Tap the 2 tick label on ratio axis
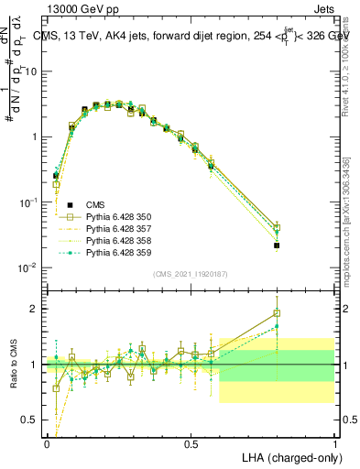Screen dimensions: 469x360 pyautogui.click(x=35, y=309)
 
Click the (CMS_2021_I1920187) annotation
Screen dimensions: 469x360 pyautogui.click(x=191, y=273)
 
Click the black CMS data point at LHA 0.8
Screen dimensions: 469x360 pyautogui.click(x=277, y=245)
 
